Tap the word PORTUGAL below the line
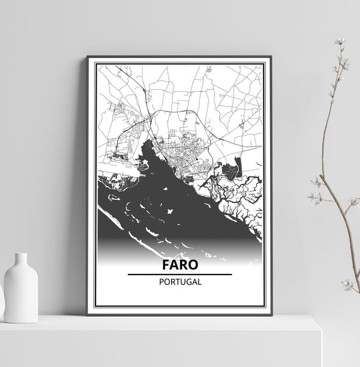pyautogui.click(x=180, y=283)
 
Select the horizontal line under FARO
pyautogui.click(x=180, y=275)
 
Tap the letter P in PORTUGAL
pyautogui.click(x=160, y=283)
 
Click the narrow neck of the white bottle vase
pyautogui.click(x=21, y=260)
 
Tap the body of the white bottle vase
pyautogui.click(x=21, y=291)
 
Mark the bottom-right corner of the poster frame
pyautogui.click(x=271, y=313)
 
